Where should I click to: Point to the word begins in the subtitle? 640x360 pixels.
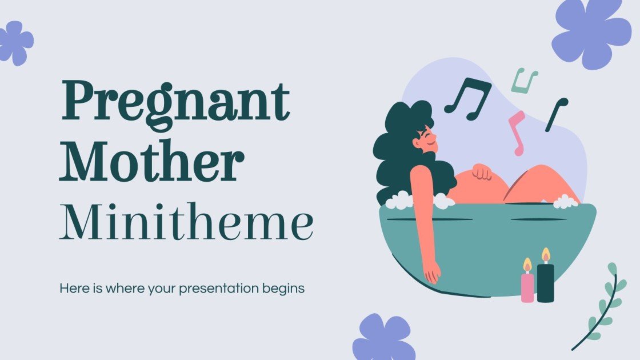click(285, 289)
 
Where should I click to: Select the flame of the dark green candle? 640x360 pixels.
click(546, 255)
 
